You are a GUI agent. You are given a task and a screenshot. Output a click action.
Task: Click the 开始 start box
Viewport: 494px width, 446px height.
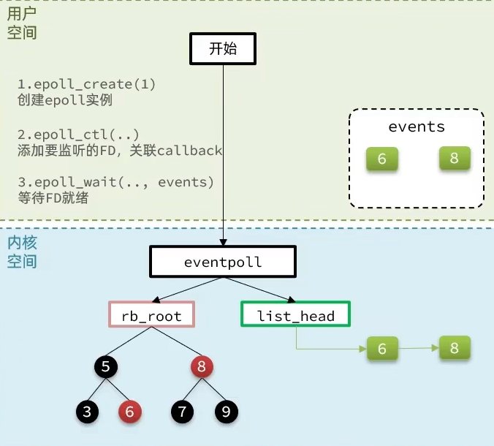click(223, 48)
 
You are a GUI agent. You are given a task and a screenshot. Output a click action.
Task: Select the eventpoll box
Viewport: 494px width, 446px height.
click(223, 262)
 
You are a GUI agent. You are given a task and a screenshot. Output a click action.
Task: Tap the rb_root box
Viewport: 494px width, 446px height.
click(151, 314)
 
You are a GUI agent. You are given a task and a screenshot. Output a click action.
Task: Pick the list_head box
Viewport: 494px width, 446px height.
click(295, 314)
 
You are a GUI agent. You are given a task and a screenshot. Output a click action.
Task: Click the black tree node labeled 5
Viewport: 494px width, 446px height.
click(106, 366)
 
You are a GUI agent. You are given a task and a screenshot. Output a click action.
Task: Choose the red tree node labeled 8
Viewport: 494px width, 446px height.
click(202, 366)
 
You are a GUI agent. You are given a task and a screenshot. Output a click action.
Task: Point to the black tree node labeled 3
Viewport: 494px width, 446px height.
click(87, 412)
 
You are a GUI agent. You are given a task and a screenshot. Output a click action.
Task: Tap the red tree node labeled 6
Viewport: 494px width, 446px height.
click(130, 412)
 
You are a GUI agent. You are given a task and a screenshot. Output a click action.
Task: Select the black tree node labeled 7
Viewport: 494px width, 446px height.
click(182, 412)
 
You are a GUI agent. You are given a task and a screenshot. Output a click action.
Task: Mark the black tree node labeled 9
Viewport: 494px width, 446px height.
click(227, 412)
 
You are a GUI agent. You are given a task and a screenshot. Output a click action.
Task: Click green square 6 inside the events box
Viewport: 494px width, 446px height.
click(382, 159)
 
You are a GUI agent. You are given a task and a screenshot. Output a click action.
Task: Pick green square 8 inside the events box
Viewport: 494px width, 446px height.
click(455, 158)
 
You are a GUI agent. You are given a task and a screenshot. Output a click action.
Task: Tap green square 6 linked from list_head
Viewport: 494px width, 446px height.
click(382, 348)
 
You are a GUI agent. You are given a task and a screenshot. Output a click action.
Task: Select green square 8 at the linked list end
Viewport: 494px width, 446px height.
click(455, 347)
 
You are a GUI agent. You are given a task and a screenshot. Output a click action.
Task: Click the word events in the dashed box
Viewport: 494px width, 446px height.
click(417, 126)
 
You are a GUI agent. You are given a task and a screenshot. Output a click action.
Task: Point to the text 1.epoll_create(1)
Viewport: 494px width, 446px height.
click(87, 84)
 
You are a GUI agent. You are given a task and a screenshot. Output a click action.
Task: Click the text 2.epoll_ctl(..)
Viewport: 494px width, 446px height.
click(78, 135)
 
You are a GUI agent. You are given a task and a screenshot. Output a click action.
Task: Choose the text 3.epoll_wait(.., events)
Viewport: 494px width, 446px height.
click(116, 182)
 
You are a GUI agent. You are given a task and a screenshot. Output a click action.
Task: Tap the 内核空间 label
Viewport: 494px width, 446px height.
click(22, 252)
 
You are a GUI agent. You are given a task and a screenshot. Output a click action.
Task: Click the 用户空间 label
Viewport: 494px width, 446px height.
click(22, 23)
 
